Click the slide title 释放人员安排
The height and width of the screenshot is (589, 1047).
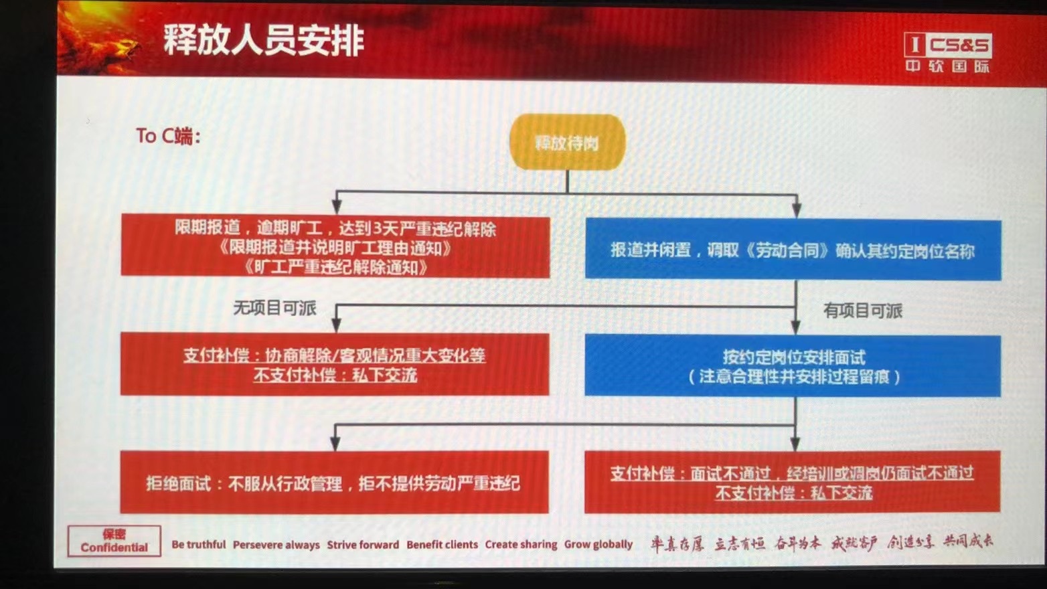pos(264,40)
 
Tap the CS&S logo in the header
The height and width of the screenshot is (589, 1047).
pos(948,45)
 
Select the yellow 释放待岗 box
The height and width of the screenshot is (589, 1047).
pos(567,142)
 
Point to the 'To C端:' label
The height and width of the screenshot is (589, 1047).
pos(168,136)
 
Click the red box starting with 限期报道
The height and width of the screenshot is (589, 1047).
pos(335,247)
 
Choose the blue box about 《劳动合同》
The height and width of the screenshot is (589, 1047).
pos(793,250)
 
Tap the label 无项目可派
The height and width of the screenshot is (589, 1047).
pos(274,308)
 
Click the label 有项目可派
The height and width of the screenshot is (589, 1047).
pos(862,311)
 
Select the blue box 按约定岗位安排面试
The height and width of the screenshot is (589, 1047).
pos(793,366)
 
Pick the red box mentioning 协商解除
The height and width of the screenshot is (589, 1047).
pos(335,365)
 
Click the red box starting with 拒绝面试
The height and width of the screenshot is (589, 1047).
pos(334,483)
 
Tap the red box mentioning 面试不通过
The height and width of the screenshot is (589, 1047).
pos(792,483)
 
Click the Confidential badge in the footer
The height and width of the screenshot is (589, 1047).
pos(114,541)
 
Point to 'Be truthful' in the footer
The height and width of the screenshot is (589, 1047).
pos(199,545)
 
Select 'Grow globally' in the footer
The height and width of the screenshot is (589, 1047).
pos(598,545)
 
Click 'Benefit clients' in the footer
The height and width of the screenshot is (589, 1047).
pos(442,545)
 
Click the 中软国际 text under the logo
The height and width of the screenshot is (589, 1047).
pos(947,66)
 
